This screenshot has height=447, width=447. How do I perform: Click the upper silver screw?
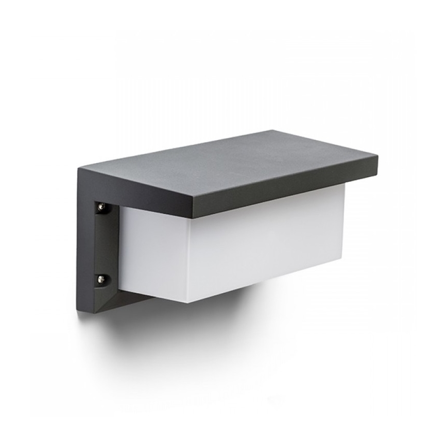[101, 207]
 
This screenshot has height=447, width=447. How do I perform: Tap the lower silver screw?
[101, 279]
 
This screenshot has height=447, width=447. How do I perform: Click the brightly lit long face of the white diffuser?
[268, 242]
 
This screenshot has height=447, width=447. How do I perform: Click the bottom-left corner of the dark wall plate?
[79, 311]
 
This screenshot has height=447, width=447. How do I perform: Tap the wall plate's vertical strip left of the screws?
[85, 242]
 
